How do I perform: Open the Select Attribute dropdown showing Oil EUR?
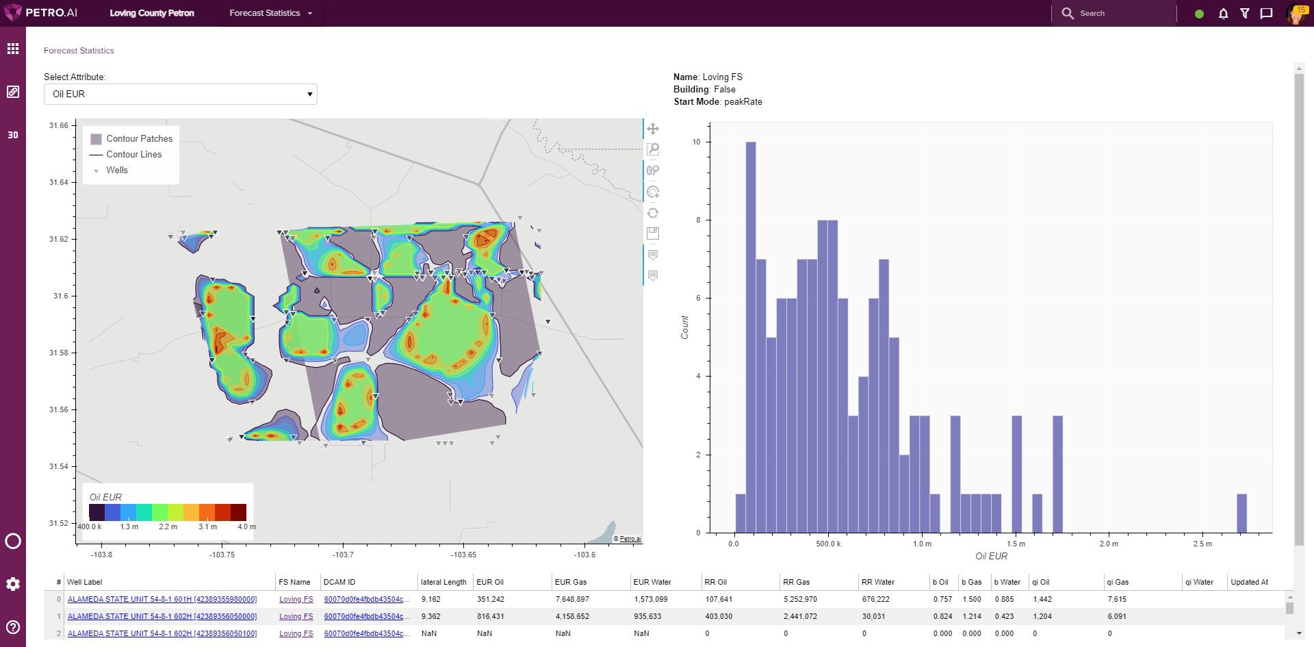[180, 94]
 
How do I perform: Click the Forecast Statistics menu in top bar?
[271, 13]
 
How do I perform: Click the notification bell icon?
[1223, 13]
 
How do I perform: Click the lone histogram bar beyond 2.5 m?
[1241, 513]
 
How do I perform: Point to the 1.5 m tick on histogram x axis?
[1016, 544]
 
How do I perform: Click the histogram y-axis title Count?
[684, 327]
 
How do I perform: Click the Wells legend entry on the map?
[116, 170]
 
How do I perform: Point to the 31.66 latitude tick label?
[59, 125]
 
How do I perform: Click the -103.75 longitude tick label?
[222, 555]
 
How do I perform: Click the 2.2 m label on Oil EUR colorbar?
[168, 527]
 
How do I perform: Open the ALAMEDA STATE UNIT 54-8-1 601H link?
[162, 599]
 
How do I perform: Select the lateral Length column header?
[443, 582]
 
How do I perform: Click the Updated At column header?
[1249, 582]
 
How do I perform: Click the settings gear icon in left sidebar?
[13, 584]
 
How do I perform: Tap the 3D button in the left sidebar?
[13, 135]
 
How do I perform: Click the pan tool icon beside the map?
[653, 129]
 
